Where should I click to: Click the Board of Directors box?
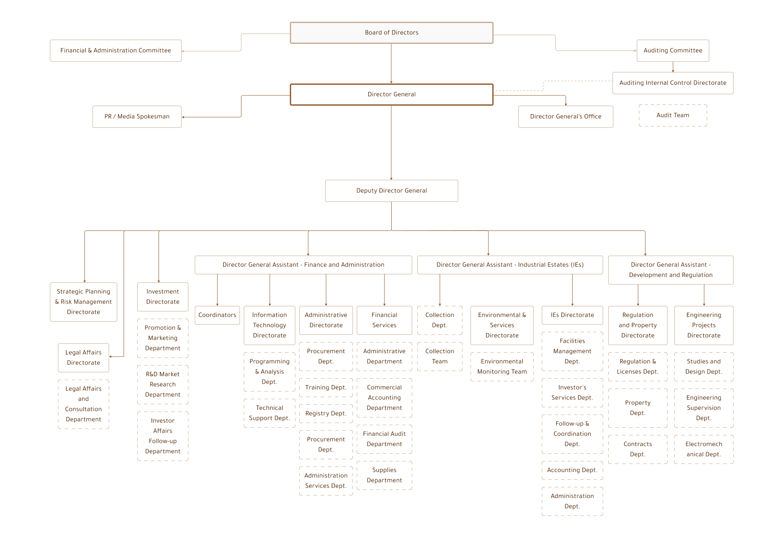tap(391, 33)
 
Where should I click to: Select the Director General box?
tap(391, 95)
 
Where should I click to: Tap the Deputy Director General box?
tap(391, 191)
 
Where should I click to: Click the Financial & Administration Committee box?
tap(116, 51)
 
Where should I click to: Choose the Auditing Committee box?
tap(673, 51)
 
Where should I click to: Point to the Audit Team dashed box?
tap(673, 115)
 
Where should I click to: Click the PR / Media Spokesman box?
tap(137, 117)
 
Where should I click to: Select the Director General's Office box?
tap(566, 117)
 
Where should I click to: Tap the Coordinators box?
tap(217, 315)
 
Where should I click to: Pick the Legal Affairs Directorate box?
tap(84, 358)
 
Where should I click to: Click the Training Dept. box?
tap(326, 388)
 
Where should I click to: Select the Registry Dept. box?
tap(326, 414)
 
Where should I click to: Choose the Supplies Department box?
tap(384, 475)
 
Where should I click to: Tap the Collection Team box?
tap(440, 357)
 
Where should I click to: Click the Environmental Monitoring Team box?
tap(502, 367)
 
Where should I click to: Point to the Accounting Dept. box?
tap(572, 470)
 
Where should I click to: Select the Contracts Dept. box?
tap(638, 449)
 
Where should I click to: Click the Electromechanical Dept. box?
tap(704, 449)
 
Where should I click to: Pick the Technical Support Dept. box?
tap(269, 413)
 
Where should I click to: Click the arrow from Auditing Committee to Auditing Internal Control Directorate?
tap(673, 67)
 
